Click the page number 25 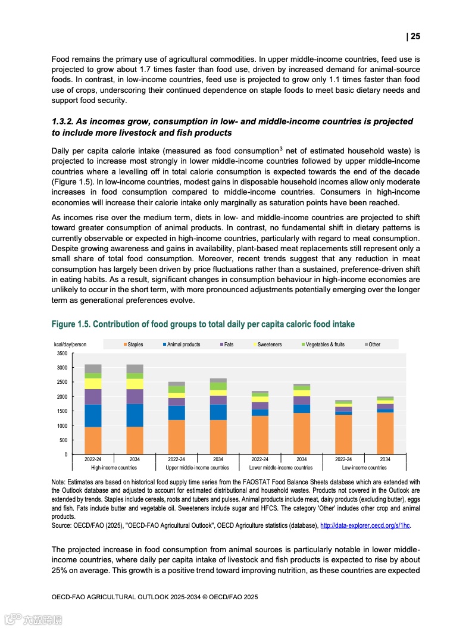point(415,36)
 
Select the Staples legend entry point(133,345)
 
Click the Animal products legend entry point(182,345)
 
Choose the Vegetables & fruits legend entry point(323,345)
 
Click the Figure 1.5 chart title point(203,324)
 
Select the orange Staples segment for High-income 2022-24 point(93,440)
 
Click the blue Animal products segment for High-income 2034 point(135,415)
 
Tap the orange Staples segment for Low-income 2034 point(385,433)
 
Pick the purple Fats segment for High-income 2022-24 point(93,397)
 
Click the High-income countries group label point(114,468)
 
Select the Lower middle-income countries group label point(280,468)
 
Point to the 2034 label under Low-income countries point(385,459)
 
